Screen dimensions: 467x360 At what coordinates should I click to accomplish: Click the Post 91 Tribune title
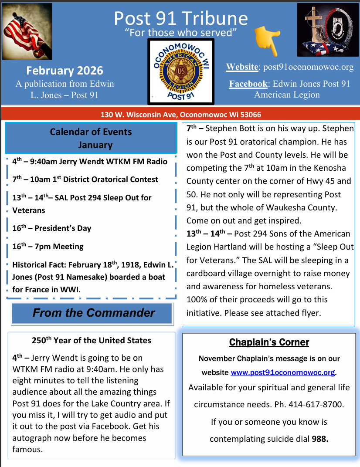(x=180, y=18)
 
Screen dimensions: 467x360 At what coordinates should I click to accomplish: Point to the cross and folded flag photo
(x=328, y=30)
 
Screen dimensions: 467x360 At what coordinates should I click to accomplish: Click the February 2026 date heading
(x=65, y=71)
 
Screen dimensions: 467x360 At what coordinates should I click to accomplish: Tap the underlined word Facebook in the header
(x=248, y=84)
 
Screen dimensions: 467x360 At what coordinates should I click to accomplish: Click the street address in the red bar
(x=180, y=115)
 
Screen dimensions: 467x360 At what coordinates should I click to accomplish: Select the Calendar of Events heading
(x=91, y=132)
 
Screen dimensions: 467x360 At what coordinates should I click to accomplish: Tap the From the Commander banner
(x=93, y=313)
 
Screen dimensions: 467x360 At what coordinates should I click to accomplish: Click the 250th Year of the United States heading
(x=92, y=341)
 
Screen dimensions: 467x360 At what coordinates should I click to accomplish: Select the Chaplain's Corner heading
(x=269, y=342)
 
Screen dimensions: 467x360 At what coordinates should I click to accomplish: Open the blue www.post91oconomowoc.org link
(x=283, y=373)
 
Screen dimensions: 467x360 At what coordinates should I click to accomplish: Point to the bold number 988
(x=320, y=439)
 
